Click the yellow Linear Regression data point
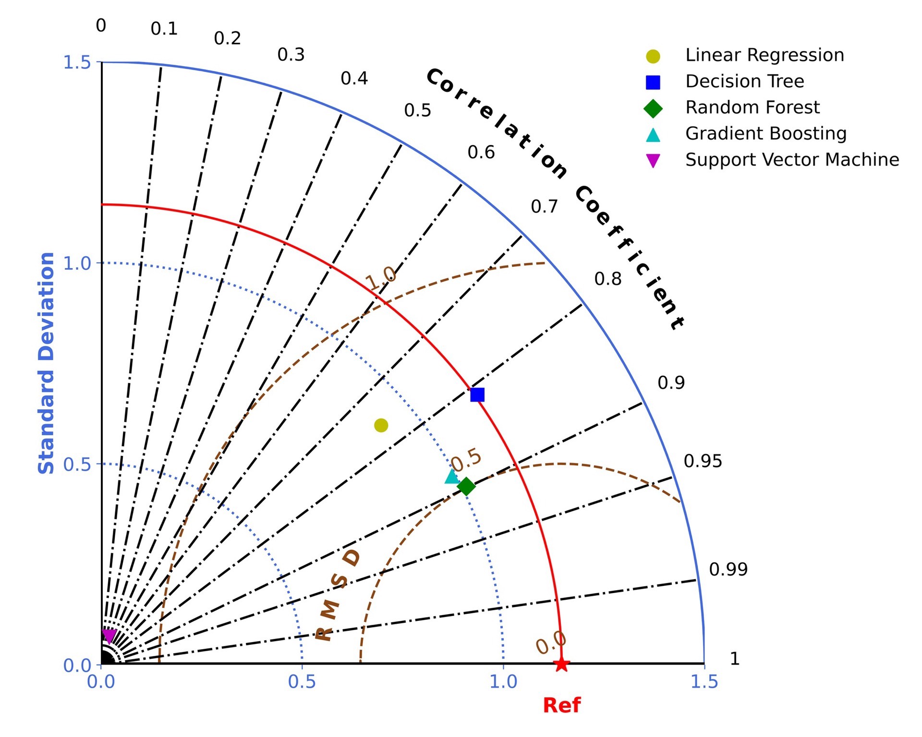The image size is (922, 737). tap(381, 425)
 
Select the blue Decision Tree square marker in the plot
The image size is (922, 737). tap(477, 394)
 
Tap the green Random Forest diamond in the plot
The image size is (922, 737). tap(466, 487)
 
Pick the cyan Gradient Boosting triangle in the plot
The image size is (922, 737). tap(452, 476)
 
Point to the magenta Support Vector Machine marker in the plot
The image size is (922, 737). tap(109, 636)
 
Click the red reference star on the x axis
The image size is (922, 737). tap(561, 665)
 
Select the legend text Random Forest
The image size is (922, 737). tap(752, 107)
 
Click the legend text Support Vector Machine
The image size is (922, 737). tap(792, 159)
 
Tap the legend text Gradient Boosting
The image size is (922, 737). tap(766, 133)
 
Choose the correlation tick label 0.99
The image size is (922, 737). tap(728, 569)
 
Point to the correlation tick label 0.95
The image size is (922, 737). tap(703, 461)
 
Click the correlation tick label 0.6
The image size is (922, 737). tap(481, 152)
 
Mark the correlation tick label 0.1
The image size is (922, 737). tap(164, 29)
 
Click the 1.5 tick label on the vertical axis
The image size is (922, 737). tap(77, 62)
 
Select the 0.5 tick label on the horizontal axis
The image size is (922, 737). tap(302, 682)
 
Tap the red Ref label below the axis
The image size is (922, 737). tap(561, 705)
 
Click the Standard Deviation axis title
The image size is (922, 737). tap(46, 363)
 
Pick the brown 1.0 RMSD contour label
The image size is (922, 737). tap(381, 277)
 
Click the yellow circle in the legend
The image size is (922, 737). tap(653, 56)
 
